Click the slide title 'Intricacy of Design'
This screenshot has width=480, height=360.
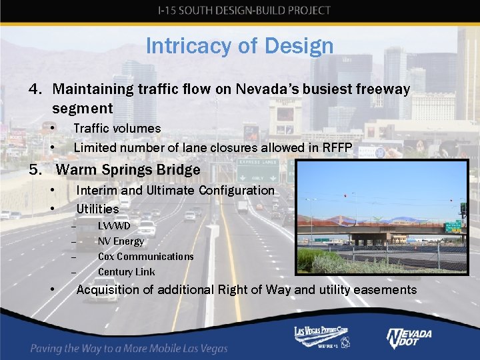[239, 46]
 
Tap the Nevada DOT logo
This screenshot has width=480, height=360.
[409, 338]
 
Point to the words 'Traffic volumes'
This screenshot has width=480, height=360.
[117, 128]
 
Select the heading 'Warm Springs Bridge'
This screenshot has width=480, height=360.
[128, 170]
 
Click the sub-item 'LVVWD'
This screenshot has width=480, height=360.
[114, 226]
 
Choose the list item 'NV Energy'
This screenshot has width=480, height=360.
[121, 241]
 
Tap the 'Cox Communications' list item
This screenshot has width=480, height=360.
[145, 257]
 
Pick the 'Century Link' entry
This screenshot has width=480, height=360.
[126, 272]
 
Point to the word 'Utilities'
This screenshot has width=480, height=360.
[97, 209]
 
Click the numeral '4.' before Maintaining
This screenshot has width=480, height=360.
[36, 89]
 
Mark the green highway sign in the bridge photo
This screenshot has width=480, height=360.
[453, 227]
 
